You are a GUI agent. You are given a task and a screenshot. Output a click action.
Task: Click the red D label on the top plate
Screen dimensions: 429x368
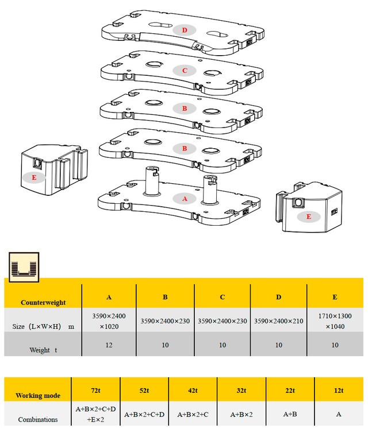pos(185,30)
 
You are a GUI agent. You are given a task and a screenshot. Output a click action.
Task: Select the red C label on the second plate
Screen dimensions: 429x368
pos(185,71)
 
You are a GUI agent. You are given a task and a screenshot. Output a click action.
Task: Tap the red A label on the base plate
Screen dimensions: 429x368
pos(185,198)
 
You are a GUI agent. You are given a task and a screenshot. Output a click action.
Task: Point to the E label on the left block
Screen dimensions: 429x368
pos(34,177)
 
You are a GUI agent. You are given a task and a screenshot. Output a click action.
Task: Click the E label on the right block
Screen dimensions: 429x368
pos(309,217)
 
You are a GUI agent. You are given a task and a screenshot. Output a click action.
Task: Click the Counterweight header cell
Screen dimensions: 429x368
pos(43,302)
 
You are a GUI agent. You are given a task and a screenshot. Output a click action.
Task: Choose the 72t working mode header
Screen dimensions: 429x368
pos(95,391)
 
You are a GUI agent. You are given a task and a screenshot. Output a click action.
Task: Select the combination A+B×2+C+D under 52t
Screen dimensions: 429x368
pos(144,414)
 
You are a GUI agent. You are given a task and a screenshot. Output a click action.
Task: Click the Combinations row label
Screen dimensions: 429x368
pos(38,419)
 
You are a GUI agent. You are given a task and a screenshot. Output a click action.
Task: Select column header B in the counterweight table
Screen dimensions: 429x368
pos(165,297)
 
